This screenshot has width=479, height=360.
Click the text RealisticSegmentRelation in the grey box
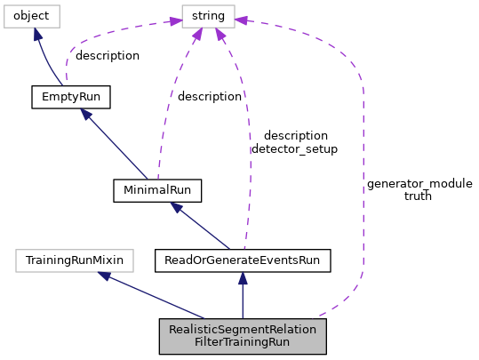coord(243,330)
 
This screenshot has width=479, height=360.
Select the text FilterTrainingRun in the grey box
coord(243,342)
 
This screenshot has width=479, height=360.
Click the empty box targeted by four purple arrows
coord(208,16)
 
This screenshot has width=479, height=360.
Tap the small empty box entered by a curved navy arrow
coord(32,16)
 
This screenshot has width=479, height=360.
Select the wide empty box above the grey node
coord(75,260)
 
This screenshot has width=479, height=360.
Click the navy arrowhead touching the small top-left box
coord(36,34)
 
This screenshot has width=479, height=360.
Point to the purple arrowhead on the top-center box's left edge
coord(175,20)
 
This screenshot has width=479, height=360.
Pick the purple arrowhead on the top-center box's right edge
coord(241,20)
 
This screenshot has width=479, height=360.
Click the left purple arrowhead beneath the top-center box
coord(197,35)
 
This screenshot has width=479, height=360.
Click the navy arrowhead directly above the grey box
coord(243,278)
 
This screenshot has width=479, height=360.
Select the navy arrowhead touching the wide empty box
coord(105,276)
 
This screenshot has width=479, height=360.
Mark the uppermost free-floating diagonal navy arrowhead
coord(86,114)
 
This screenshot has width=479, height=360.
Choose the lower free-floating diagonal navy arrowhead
coord(176,207)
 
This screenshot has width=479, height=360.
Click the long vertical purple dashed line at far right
coord(363,178)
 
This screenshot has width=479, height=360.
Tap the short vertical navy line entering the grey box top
coord(243,302)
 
